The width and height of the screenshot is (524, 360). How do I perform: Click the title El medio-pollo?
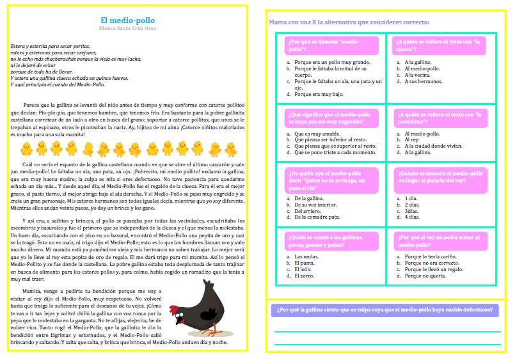[127, 20]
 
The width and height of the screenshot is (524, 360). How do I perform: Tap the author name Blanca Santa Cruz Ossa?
[127, 29]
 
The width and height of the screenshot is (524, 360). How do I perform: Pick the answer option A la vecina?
[417, 75]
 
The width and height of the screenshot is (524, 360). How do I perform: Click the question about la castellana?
[438, 117]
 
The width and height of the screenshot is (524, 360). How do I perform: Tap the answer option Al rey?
[413, 140]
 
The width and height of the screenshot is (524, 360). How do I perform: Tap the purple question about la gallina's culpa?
[385, 310]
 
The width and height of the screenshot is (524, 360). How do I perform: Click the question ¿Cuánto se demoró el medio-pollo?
[438, 177]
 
